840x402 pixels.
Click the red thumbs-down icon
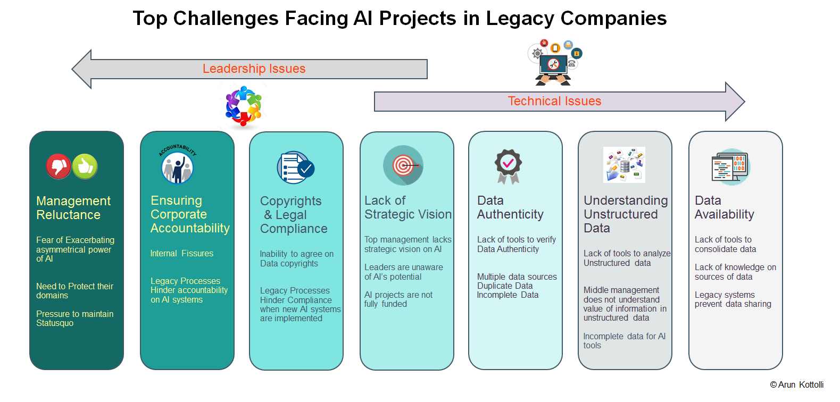[x=59, y=166]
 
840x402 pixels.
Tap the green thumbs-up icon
[x=85, y=166]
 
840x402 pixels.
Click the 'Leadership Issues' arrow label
[x=254, y=69]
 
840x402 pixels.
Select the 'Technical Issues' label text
[x=554, y=101]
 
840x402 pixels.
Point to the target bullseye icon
[x=403, y=165]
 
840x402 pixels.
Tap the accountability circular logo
[x=178, y=165]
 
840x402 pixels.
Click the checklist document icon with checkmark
[x=296, y=168]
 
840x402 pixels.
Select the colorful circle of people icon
[x=243, y=106]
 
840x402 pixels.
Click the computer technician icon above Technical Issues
[x=554, y=63]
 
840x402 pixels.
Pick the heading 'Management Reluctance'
[x=73, y=208]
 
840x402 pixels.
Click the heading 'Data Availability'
[x=724, y=207]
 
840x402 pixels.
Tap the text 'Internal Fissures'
[x=181, y=254]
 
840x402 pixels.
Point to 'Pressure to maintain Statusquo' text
[x=74, y=319]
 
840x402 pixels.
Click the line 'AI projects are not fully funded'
[x=398, y=299]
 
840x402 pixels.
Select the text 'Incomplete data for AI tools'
[x=624, y=341]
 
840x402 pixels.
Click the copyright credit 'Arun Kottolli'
[x=797, y=385]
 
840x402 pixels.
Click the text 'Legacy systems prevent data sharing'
[x=733, y=299]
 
